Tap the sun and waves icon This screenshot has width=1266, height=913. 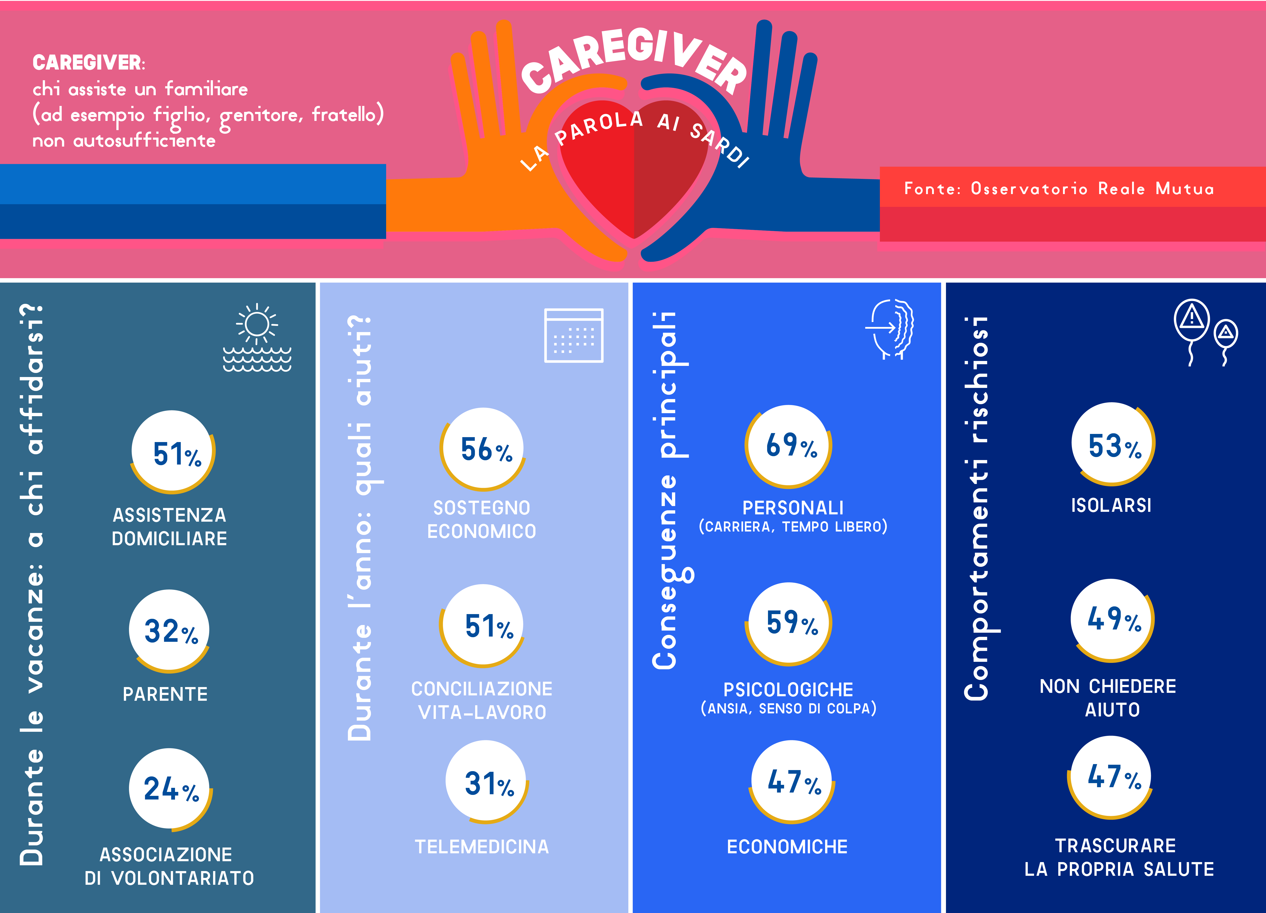tap(257, 338)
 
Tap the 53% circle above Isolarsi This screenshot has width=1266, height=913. tap(1112, 444)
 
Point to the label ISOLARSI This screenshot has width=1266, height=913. tap(1111, 505)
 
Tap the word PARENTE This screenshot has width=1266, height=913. tap(165, 694)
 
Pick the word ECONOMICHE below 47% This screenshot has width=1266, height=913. tap(787, 846)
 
